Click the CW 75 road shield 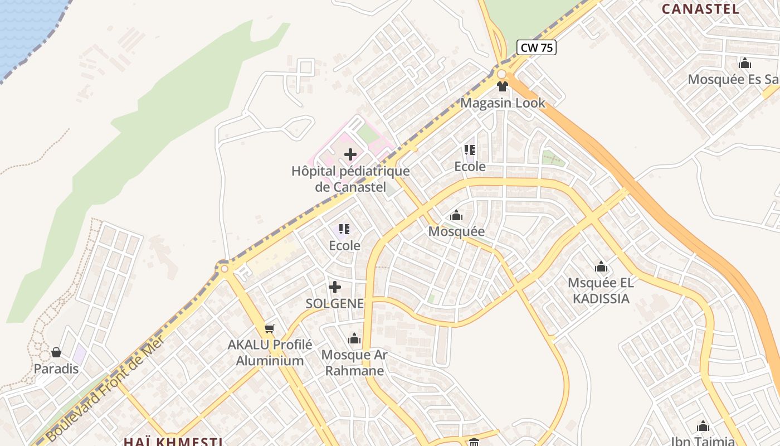537,48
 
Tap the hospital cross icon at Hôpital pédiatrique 350,154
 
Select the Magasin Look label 503,103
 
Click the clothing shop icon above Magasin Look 503,86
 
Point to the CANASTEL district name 700,9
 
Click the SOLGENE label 334,304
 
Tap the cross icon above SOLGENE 335,287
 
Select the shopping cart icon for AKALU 270,328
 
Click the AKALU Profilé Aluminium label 270,353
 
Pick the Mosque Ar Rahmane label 354,363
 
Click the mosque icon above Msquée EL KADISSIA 601,266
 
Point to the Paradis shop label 56,369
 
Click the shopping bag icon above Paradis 56,352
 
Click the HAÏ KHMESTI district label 173,442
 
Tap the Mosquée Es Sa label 733,79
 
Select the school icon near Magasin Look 470,150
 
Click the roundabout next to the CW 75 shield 501,74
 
